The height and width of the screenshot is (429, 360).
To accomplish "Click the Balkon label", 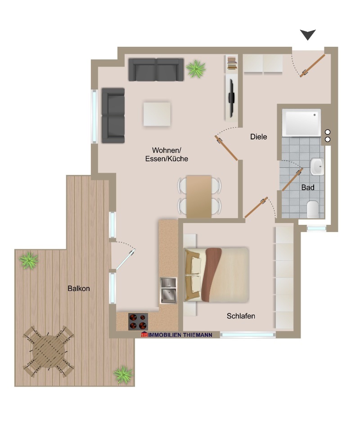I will tap(79, 288).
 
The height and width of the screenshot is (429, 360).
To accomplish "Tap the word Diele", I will tap(259, 137).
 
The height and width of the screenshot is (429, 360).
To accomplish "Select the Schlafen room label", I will tap(241, 316).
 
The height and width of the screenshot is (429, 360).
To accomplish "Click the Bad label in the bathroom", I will tap(308, 187).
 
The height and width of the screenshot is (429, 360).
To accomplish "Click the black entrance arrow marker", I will tap(308, 35).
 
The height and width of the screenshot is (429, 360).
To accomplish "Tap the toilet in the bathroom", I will tap(312, 209).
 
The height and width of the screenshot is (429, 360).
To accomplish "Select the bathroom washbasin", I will tap(317, 167).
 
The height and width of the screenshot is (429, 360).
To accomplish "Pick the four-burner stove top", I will tap(138, 321).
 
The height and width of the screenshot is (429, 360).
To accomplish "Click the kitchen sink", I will tap(168, 290).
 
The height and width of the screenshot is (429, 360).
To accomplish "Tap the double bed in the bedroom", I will tap(217, 274).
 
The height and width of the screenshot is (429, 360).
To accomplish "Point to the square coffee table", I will tap(157, 114).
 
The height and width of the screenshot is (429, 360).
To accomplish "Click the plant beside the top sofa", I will tap(196, 68).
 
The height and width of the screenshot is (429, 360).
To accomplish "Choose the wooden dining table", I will tap(199, 196).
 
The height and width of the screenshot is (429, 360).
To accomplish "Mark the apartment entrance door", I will tap(313, 66).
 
